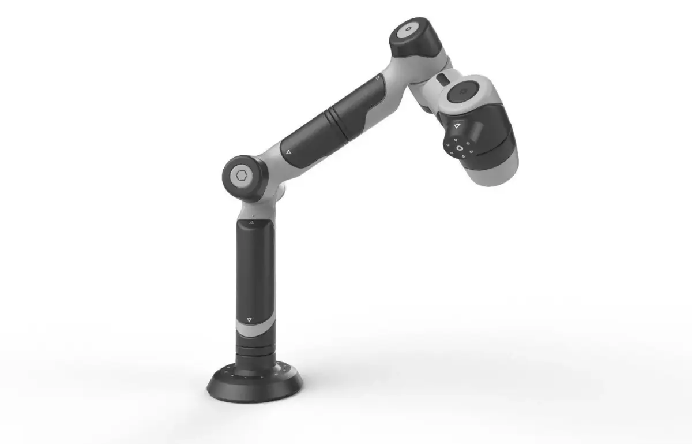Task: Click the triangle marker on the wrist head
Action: tap(456, 125)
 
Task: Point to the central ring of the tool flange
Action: tap(460, 148)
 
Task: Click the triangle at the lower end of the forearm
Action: tap(288, 152)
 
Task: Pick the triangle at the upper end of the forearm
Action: tap(377, 77)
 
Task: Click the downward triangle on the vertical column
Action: tap(249, 319)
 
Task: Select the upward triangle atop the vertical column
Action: tap(252, 222)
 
